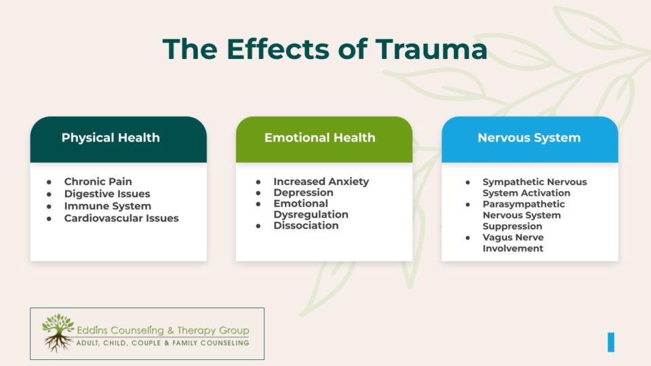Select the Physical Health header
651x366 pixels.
pyautogui.click(x=111, y=138)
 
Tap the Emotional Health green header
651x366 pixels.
pyautogui.click(x=319, y=138)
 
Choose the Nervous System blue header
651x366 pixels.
pyautogui.click(x=529, y=138)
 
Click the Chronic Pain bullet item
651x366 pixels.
pyautogui.click(x=98, y=182)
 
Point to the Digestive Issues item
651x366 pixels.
pyautogui.click(x=107, y=194)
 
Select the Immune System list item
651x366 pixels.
pyautogui.click(x=107, y=206)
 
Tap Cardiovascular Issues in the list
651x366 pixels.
pyautogui.click(x=121, y=218)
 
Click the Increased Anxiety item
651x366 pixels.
pyautogui.click(x=321, y=182)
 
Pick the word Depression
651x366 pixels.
pyautogui.click(x=303, y=192)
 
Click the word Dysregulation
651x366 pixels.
pyautogui.click(x=311, y=214)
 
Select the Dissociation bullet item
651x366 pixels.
pyautogui.click(x=306, y=225)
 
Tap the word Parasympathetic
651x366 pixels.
pyautogui.click(x=524, y=204)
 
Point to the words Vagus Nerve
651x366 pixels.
pyautogui.click(x=513, y=237)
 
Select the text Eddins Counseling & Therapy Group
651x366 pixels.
pyautogui.click(x=163, y=330)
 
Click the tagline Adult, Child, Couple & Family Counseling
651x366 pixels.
pyautogui.click(x=163, y=343)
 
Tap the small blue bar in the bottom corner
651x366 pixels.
pyautogui.click(x=611, y=342)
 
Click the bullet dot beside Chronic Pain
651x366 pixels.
pyautogui.click(x=49, y=182)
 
